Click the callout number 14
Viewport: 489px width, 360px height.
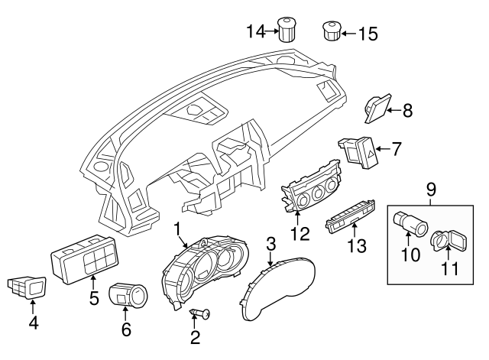point(256,31)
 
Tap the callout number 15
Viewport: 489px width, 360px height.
point(368,34)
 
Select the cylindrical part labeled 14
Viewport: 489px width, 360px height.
point(287,29)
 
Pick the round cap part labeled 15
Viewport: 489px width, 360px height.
point(332,31)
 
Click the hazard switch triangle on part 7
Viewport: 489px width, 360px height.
point(371,153)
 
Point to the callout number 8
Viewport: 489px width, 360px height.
point(407,110)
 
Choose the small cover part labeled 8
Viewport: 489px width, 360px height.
point(377,109)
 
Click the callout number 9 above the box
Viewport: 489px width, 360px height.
point(431,190)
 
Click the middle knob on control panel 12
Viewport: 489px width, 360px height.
point(318,194)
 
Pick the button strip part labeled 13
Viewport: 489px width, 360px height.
point(350,217)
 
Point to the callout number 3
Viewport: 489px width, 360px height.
point(271,245)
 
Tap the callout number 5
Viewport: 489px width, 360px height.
point(94,298)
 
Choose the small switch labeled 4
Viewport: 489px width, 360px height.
point(27,287)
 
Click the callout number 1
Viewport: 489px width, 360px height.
point(176,229)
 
